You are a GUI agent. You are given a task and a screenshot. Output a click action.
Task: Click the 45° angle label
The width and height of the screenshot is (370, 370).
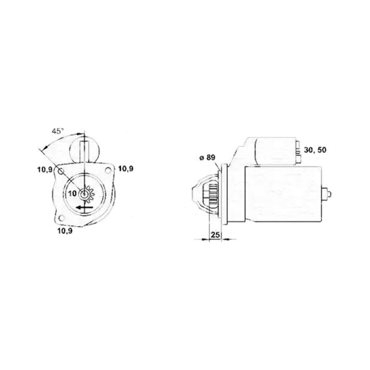[x=58, y=131]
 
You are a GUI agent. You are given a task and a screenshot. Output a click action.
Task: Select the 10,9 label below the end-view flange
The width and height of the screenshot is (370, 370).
[x=65, y=231]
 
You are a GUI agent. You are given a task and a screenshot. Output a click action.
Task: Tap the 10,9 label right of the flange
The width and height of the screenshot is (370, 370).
[x=126, y=169]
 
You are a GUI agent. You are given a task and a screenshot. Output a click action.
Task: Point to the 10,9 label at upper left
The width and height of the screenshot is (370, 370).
[x=45, y=169]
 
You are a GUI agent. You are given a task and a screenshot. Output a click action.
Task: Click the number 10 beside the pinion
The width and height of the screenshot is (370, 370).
[x=73, y=193]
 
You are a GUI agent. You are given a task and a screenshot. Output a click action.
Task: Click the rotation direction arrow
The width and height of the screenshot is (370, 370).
[x=84, y=208]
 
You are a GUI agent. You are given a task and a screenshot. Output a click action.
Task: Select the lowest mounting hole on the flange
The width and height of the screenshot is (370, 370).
[x=62, y=218]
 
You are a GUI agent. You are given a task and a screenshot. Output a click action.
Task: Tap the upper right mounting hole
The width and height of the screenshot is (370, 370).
[x=108, y=170]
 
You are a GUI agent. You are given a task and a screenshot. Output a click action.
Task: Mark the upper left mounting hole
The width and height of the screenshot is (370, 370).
[x=61, y=171]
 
